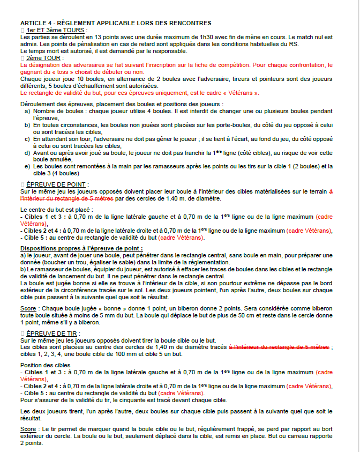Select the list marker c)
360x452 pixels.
point(27,138)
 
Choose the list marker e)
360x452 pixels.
point(27,166)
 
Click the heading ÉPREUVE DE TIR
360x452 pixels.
point(54,333)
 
